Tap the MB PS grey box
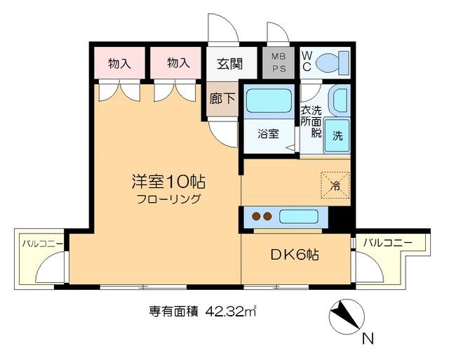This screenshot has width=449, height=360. (x=274, y=63)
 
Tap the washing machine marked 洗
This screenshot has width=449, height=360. (x=337, y=134)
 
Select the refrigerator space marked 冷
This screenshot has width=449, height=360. (x=335, y=186)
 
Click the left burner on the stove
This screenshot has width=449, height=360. (x=257, y=217)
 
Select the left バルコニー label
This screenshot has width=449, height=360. (x=42, y=244)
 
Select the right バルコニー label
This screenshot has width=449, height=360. (x=387, y=243)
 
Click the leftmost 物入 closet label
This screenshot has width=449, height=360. (x=119, y=63)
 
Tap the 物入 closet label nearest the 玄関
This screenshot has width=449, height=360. (x=178, y=63)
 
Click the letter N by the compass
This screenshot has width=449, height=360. (x=367, y=340)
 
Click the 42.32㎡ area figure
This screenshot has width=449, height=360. (x=230, y=311)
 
